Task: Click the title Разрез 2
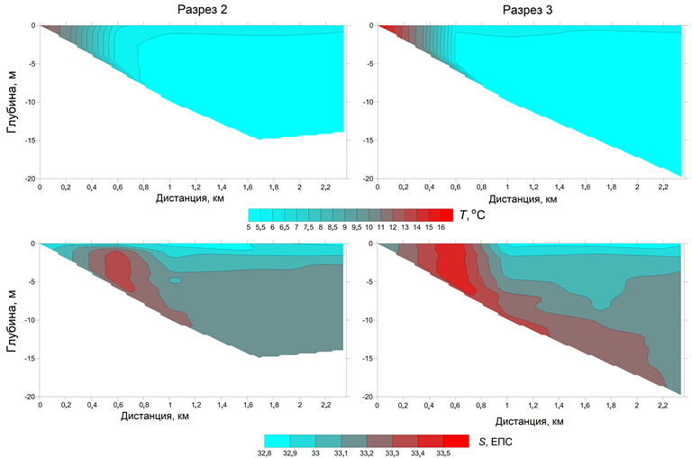tap(194, 10)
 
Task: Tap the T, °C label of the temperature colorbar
tap(476, 215)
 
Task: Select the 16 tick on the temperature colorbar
tap(441, 227)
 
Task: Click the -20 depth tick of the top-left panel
tap(28, 179)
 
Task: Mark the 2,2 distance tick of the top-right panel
tap(663, 187)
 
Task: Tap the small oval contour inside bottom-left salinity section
tap(175, 280)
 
